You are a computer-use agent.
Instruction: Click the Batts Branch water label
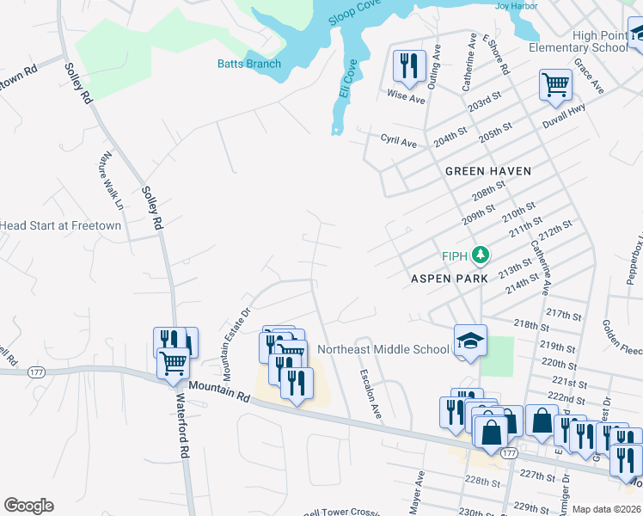(x=249, y=64)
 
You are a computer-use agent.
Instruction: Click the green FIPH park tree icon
(x=481, y=255)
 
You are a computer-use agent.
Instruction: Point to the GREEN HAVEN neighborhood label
(x=487, y=171)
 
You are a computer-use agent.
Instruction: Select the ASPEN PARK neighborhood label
(x=449, y=279)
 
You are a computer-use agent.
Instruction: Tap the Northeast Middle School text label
(x=383, y=349)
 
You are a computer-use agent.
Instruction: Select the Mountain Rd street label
(x=219, y=393)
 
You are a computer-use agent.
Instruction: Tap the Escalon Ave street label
(x=370, y=394)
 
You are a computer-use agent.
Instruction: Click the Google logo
(x=28, y=506)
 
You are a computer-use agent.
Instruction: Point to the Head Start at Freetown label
(x=60, y=225)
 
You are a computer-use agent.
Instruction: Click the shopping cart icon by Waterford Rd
(x=173, y=364)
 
